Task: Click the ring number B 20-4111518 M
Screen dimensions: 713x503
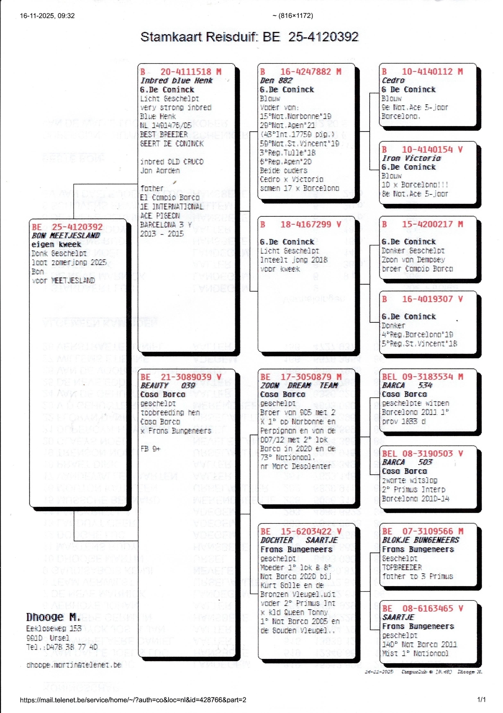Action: [x=181, y=72]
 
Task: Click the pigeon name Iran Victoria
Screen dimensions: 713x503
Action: [x=411, y=158]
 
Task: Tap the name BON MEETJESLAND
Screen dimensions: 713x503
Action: [x=66, y=235]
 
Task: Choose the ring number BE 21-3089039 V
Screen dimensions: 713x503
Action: [x=181, y=377]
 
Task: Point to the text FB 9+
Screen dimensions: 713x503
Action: [x=150, y=449]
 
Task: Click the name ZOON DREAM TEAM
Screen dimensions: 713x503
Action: [x=299, y=385]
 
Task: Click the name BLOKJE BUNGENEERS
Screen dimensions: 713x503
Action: [x=420, y=540]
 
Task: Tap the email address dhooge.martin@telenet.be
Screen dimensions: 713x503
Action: [x=74, y=665]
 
